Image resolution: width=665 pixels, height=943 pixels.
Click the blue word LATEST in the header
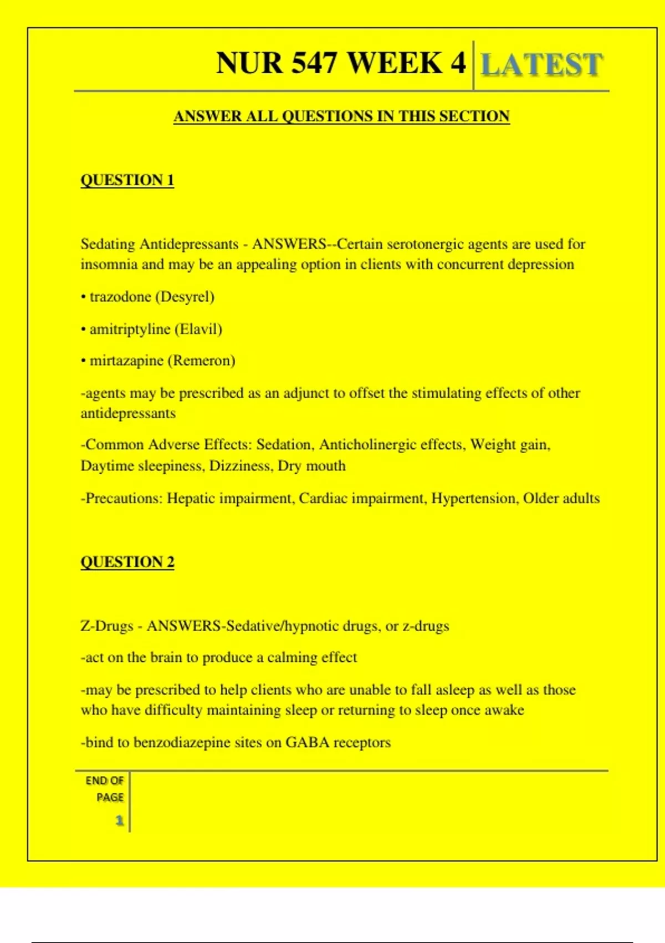pos(541,65)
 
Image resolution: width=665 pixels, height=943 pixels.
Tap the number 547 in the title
pos(314,63)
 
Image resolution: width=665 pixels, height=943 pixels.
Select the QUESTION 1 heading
pos(127,180)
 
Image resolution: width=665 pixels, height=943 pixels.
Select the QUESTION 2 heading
pos(127,562)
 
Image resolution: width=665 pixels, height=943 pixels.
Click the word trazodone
pos(120,297)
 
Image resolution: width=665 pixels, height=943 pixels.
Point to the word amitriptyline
pos(130,329)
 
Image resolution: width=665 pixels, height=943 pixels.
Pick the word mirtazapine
pos(126,361)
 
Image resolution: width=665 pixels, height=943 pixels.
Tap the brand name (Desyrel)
pos(185,297)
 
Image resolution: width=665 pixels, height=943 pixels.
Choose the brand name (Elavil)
pos(198,329)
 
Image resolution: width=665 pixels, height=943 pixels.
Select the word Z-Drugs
pos(107,626)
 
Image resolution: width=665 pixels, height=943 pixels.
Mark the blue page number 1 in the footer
pos(119,820)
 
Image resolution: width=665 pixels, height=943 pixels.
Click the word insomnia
pos(109,265)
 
